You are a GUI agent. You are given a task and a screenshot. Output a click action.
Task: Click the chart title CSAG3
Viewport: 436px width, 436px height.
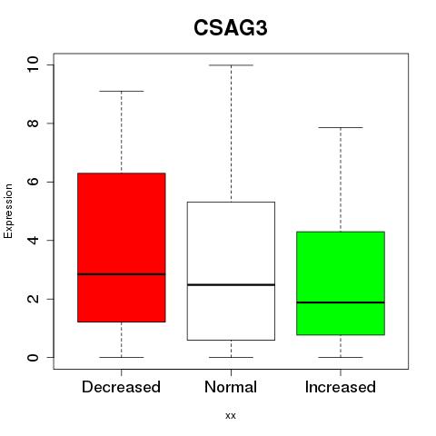231,28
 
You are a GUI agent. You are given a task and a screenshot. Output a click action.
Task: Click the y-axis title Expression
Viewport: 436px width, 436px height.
8,211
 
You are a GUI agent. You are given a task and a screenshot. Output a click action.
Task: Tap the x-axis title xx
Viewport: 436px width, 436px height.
231,416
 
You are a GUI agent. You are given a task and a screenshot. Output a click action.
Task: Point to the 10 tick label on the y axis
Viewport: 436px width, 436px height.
33,64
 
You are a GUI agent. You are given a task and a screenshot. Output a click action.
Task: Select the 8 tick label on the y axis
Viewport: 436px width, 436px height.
33,124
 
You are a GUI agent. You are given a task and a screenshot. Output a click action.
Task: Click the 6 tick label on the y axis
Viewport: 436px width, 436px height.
33,182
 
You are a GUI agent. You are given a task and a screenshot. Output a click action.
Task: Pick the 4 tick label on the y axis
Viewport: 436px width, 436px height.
33,241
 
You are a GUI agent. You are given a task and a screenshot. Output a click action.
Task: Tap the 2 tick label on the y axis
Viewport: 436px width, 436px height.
33,299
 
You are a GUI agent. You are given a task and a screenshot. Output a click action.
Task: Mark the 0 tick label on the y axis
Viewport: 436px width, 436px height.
33,357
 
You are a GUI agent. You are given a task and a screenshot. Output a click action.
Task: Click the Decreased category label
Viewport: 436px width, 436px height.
121,387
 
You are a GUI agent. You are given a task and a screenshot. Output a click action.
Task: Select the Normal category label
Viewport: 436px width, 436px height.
231,387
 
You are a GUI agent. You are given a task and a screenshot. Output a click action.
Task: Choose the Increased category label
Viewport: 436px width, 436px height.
341,387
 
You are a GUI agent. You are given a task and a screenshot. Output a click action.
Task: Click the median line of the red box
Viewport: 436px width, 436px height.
122,274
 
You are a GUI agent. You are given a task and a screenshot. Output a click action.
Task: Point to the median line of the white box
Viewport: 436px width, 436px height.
231,285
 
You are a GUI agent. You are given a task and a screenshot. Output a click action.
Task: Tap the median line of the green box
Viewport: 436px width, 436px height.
341,302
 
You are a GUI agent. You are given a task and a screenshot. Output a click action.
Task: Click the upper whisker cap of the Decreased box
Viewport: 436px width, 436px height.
122,91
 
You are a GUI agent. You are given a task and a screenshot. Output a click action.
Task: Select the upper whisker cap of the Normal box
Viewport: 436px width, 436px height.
231,65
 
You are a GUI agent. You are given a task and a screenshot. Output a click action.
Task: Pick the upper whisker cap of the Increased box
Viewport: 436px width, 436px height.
341,128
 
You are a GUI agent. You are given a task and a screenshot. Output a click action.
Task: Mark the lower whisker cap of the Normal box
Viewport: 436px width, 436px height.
231,357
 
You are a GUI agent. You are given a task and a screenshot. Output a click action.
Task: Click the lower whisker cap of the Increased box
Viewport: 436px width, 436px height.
341,357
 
